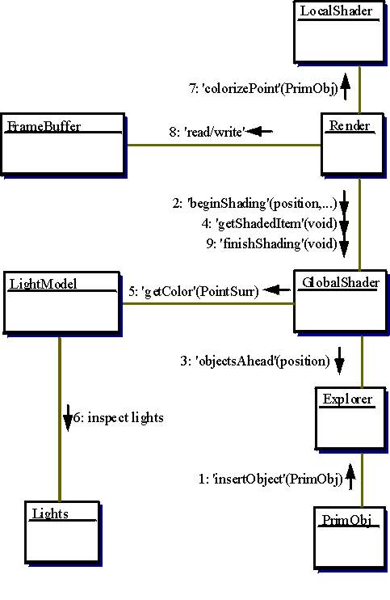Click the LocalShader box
(339, 32)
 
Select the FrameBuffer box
(64, 145)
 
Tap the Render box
(353, 145)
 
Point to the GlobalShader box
(341, 302)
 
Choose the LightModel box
(63, 303)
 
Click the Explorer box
(350, 420)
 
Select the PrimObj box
(350, 539)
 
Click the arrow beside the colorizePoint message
(345, 87)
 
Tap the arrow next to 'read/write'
(260, 132)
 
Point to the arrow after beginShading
(344, 202)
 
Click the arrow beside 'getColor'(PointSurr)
(276, 289)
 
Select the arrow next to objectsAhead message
(339, 361)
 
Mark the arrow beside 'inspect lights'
(68, 418)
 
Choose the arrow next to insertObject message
(350, 476)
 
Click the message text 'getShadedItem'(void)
(270, 223)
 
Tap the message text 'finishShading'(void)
(272, 243)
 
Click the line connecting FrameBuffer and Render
(224, 145)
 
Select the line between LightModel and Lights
(60, 419)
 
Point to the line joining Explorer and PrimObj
(362, 480)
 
